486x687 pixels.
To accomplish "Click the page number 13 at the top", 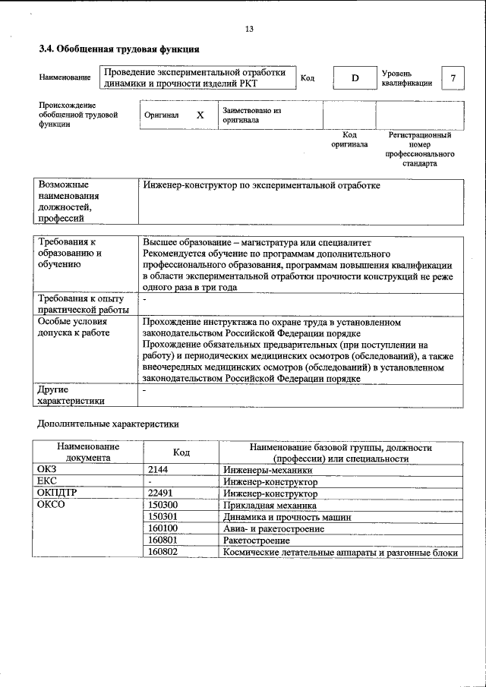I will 249,29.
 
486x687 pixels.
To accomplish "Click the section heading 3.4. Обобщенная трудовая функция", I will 119,49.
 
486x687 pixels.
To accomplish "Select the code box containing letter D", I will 354,78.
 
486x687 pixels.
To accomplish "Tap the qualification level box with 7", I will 453,78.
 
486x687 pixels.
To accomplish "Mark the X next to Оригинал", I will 200,115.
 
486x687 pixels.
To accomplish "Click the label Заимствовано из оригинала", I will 251,115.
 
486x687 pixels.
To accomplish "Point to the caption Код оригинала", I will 349,139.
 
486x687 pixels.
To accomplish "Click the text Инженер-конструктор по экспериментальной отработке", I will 261,185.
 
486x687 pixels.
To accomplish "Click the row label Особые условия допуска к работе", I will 74,327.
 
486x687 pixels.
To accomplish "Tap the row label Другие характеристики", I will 71,395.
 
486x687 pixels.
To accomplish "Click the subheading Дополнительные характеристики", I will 109,423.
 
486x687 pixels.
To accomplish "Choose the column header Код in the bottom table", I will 181,452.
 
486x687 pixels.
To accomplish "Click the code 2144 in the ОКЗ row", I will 157,470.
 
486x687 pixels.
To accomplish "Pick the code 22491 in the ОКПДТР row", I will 160,493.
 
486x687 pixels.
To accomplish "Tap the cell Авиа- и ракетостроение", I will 273,528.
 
